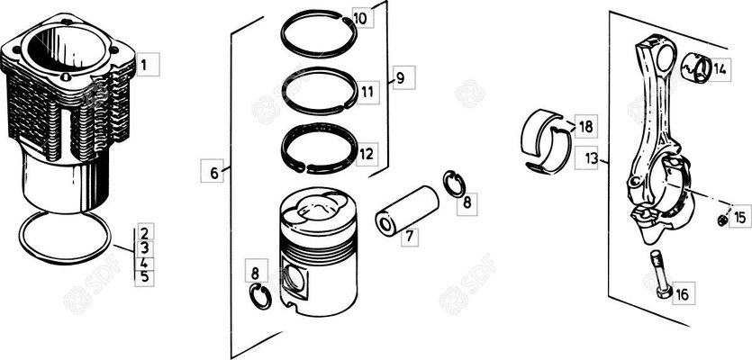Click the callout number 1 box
147,64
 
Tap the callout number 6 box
212,171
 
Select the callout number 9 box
403,77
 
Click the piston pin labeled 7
407,211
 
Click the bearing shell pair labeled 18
546,141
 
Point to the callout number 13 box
588,157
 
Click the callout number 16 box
684,293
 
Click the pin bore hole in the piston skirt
294,281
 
